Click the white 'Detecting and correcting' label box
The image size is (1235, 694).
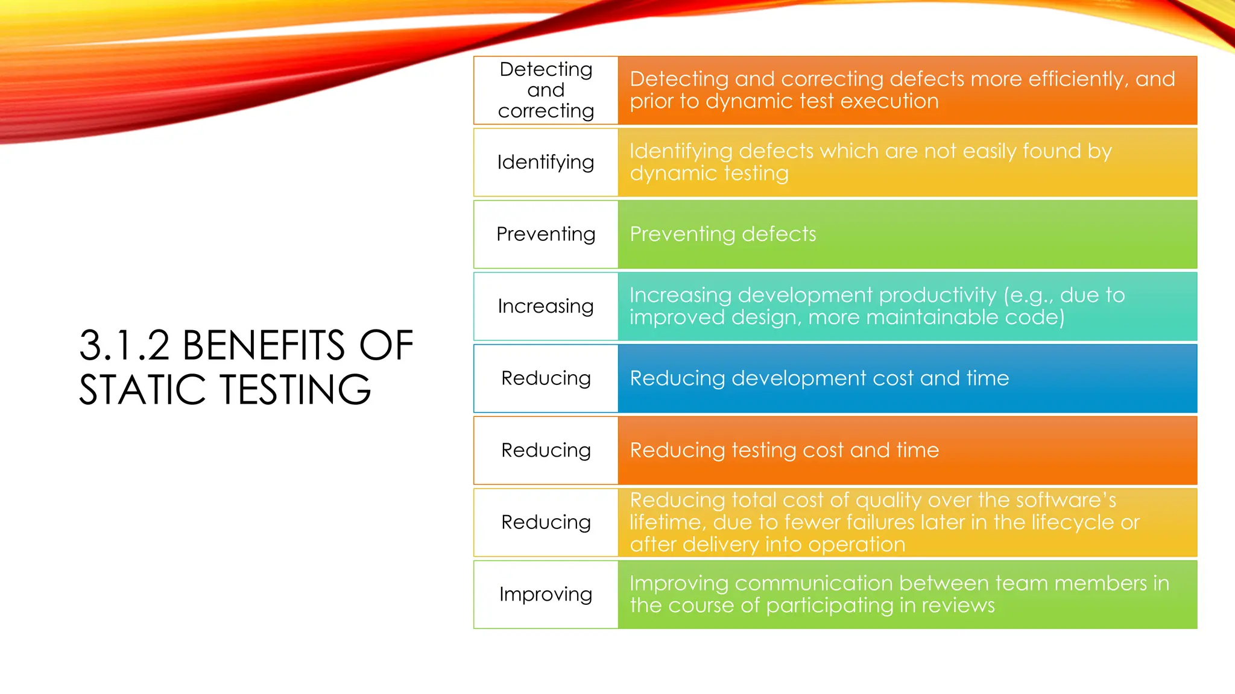tap(546, 90)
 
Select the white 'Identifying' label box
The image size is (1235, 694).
tap(546, 162)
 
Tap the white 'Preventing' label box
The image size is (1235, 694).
tap(546, 234)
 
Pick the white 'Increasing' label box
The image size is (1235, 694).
tap(546, 306)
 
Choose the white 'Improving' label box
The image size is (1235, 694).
tap(546, 595)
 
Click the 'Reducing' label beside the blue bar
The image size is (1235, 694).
tap(546, 378)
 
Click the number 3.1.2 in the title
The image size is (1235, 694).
tap(124, 346)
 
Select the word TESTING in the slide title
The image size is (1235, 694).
tap(295, 389)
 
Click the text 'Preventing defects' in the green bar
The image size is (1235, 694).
tap(722, 234)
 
